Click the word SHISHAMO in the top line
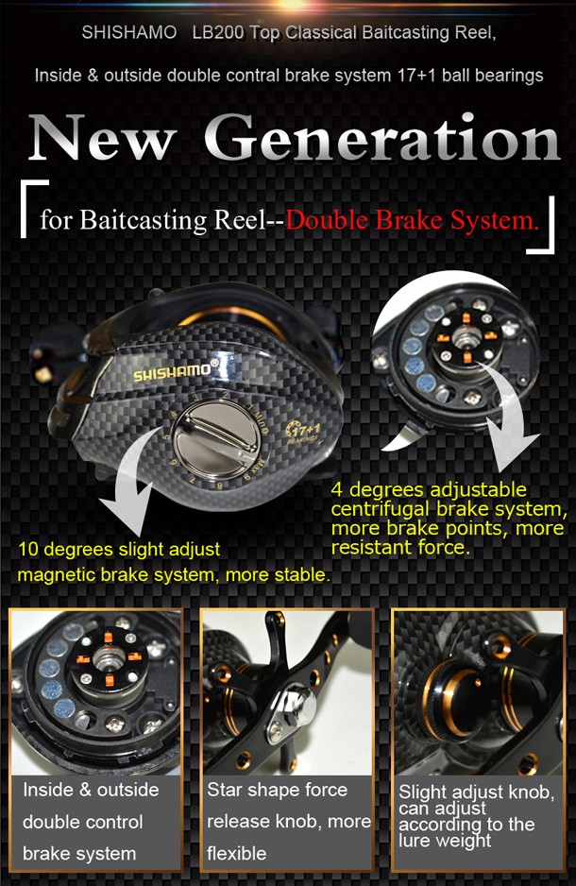tap(128, 32)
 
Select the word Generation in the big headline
tap(382, 137)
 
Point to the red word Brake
tap(412, 220)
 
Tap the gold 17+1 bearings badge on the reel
tap(303, 432)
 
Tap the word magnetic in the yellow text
tap(56, 575)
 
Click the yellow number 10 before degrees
tap(27, 549)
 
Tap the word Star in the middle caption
tap(224, 790)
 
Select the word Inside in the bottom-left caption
tap(48, 790)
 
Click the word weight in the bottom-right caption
tap(467, 841)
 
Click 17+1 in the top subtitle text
tap(416, 76)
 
